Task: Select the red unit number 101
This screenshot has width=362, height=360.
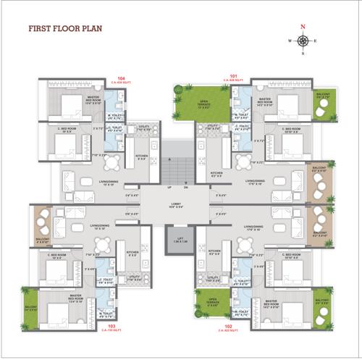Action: click(x=233, y=76)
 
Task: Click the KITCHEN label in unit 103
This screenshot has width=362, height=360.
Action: click(x=132, y=254)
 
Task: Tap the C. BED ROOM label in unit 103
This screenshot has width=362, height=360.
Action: click(x=60, y=256)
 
